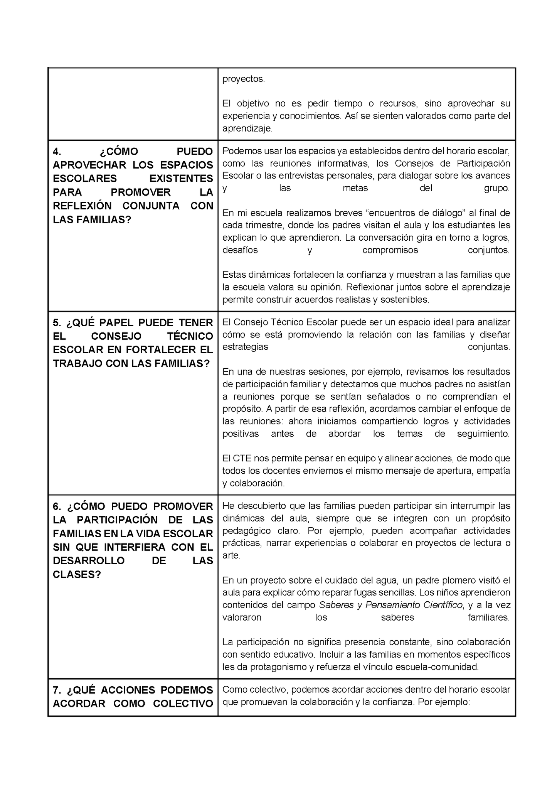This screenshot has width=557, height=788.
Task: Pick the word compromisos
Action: [390, 250]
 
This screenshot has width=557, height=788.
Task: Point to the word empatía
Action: [496, 471]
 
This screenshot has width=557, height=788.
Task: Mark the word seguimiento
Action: [483, 434]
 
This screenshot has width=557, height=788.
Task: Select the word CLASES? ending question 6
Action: [77, 574]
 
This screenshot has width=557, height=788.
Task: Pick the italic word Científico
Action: [443, 605]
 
